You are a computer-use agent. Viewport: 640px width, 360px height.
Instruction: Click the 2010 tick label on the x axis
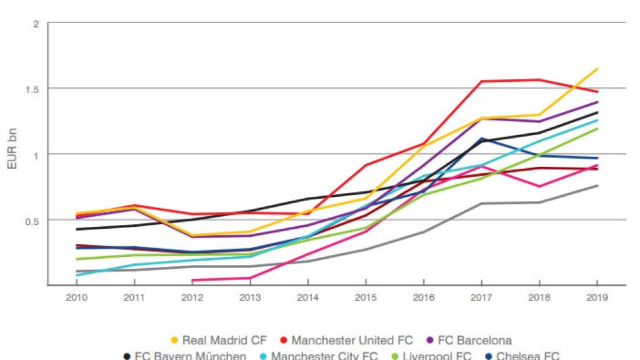point(76,297)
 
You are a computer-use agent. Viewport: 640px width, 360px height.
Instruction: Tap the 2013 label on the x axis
point(250,297)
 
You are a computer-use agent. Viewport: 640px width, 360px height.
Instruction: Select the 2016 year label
point(424,297)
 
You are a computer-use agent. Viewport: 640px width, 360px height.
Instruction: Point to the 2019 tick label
point(597,297)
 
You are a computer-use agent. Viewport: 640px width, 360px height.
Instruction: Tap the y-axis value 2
point(36,24)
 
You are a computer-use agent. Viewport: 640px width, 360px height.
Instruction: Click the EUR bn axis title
point(11,154)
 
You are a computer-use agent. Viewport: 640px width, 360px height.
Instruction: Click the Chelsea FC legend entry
point(523,356)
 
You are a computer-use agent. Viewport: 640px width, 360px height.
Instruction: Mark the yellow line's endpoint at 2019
point(597,69)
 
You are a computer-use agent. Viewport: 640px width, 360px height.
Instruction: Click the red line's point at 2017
point(482,81)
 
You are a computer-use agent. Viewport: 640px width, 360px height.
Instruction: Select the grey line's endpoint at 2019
point(597,186)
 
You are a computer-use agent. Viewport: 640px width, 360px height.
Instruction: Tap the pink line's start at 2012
point(192,280)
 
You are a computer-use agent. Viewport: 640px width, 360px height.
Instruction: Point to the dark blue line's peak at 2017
point(482,138)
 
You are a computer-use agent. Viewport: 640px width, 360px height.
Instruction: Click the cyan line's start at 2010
point(76,275)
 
